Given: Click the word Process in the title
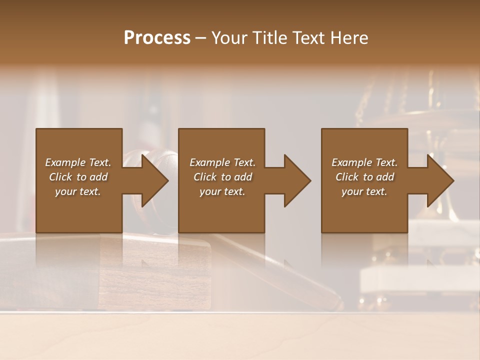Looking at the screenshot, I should pyautogui.click(x=157, y=38).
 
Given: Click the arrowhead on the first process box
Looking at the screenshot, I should pyautogui.click(x=154, y=180).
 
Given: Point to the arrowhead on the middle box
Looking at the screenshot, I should pyautogui.click(x=296, y=180).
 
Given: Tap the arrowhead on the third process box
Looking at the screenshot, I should pyautogui.click(x=439, y=180).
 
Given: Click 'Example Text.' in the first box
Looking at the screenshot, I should pyautogui.click(x=78, y=162).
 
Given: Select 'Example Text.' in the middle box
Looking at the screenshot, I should pyautogui.click(x=222, y=162).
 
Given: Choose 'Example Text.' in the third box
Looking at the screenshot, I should pyautogui.click(x=364, y=162).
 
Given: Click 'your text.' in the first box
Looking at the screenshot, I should pyautogui.click(x=78, y=191).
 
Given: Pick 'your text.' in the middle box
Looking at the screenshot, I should pyautogui.click(x=222, y=191).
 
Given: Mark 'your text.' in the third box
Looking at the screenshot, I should pyautogui.click(x=364, y=191).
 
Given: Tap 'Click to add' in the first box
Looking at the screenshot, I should pyautogui.click(x=78, y=177).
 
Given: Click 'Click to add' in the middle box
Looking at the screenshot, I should pyautogui.click(x=222, y=177).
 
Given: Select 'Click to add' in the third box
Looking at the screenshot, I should pyautogui.click(x=364, y=177).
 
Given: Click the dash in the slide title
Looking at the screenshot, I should pyautogui.click(x=200, y=38).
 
